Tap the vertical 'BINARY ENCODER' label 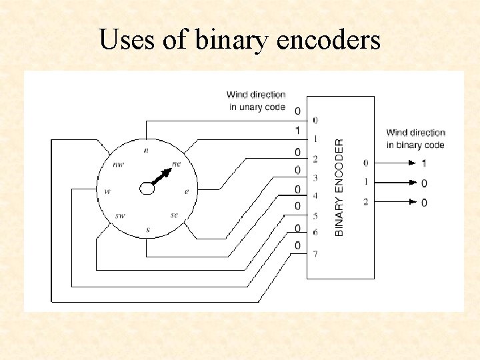coord(339,187)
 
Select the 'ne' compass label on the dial coord(177,163)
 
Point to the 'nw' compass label coord(118,164)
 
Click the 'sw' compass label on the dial coord(120,215)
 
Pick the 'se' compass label coord(174,215)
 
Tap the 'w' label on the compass coord(107,191)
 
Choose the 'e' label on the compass coord(187,191)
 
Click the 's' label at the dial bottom coord(148,230)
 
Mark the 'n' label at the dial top coord(145,150)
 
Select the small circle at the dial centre coord(147,189)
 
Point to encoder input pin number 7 coord(315,254)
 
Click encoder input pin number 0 coord(315,121)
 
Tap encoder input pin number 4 coord(315,196)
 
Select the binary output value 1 coord(424,163)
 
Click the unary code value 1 coord(297,130)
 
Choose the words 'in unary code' coord(257,107)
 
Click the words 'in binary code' coord(415,145)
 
